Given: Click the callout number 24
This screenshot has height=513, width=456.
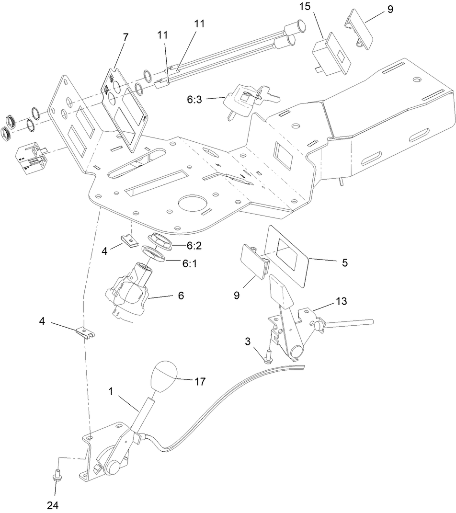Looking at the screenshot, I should tap(53, 505).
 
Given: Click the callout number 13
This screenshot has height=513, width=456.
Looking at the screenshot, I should tap(342, 301).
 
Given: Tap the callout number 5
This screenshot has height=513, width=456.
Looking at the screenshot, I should tap(344, 262).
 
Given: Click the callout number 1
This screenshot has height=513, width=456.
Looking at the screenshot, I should tap(111, 391).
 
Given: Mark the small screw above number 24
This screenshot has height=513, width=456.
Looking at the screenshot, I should tap(57, 476).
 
